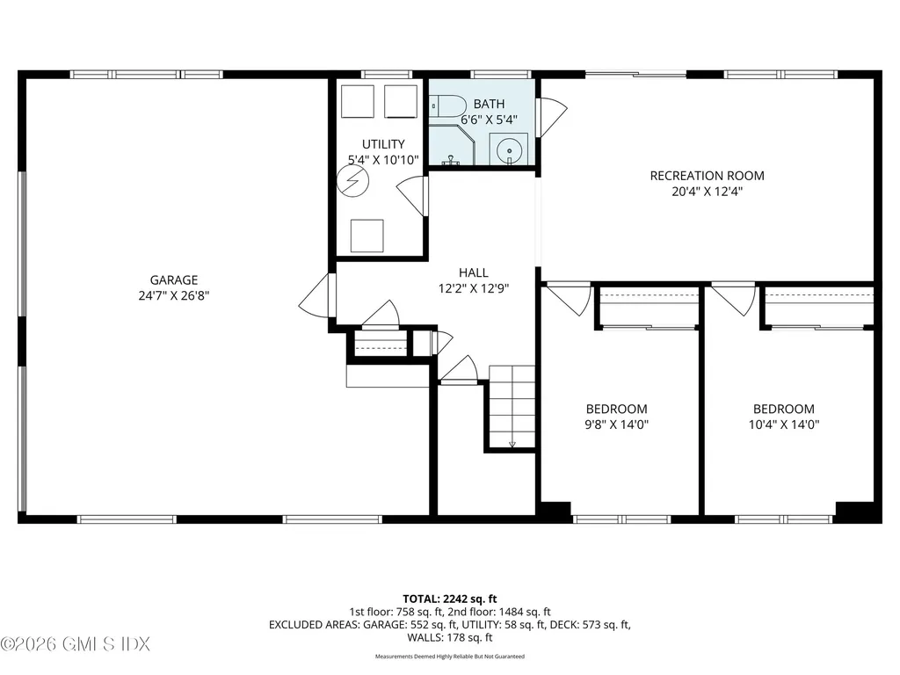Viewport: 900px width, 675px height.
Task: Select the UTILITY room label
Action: pyautogui.click(x=383, y=144)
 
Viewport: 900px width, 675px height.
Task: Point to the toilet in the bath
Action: pyautogui.click(x=449, y=107)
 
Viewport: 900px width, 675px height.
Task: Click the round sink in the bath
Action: pyautogui.click(x=509, y=151)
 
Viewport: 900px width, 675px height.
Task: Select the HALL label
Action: pyautogui.click(x=473, y=272)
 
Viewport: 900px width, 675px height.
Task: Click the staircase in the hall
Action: pyautogui.click(x=512, y=406)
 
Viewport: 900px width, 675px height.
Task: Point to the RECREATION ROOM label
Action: pyautogui.click(x=707, y=176)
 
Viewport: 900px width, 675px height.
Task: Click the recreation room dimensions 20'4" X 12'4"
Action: pyautogui.click(x=707, y=191)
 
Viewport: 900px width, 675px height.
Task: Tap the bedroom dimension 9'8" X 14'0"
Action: pyautogui.click(x=617, y=425)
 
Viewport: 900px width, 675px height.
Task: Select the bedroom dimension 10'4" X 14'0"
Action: pyautogui.click(x=783, y=425)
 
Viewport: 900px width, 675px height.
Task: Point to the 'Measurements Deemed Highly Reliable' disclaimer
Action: pyautogui.click(x=449, y=657)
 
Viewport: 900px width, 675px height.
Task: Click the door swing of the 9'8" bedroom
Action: pyautogui.click(x=570, y=297)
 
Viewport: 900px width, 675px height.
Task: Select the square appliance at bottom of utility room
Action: pyautogui.click(x=367, y=236)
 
